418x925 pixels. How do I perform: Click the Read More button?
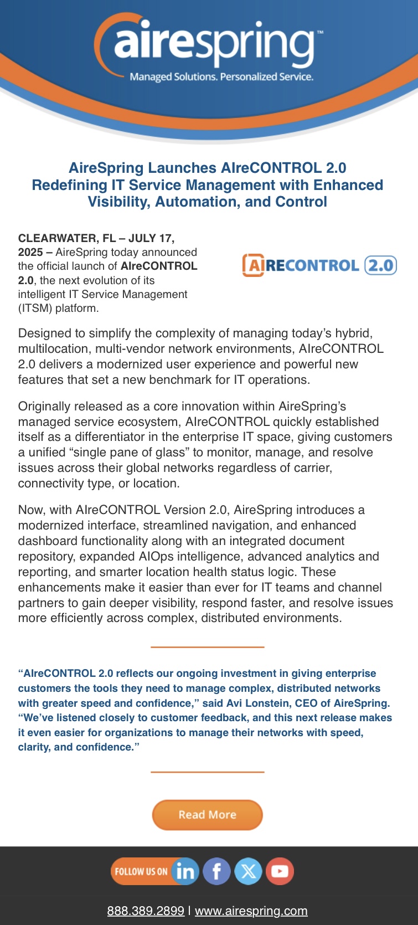point(207,815)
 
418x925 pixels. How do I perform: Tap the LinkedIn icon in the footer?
point(185,871)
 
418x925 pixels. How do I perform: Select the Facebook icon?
point(217,871)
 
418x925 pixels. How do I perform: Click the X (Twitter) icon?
point(248,871)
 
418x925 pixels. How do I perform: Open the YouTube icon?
point(280,871)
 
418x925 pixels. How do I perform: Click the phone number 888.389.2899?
point(146,911)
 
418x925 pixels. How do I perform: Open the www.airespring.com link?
point(251,911)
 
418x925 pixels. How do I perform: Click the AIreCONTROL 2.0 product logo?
point(319,265)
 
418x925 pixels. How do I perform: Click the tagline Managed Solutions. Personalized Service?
point(221,77)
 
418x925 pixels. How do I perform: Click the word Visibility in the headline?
point(118,202)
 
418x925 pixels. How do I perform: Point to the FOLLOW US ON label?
point(141,871)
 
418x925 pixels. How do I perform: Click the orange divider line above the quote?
point(207,647)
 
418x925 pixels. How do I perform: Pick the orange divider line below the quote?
point(207,772)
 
